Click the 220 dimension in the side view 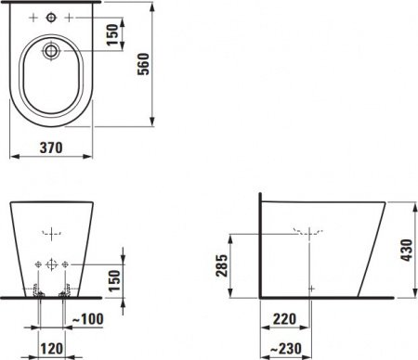point(284,320)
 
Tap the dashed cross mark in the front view point(50,232)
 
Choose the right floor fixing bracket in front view point(63,295)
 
